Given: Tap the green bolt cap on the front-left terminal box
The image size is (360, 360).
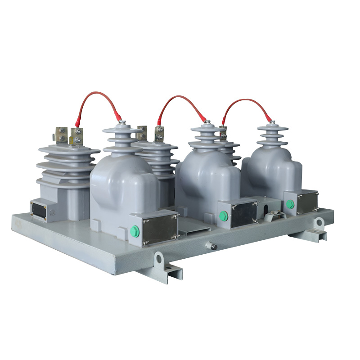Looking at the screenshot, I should tap(135, 231).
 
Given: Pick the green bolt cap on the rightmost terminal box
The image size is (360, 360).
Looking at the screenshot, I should tap(290, 204).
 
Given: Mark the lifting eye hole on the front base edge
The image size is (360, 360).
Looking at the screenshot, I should tap(159, 258).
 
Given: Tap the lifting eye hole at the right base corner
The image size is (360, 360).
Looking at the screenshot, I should tap(319, 222).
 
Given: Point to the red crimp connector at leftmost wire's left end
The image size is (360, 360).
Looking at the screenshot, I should tap(78, 121).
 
